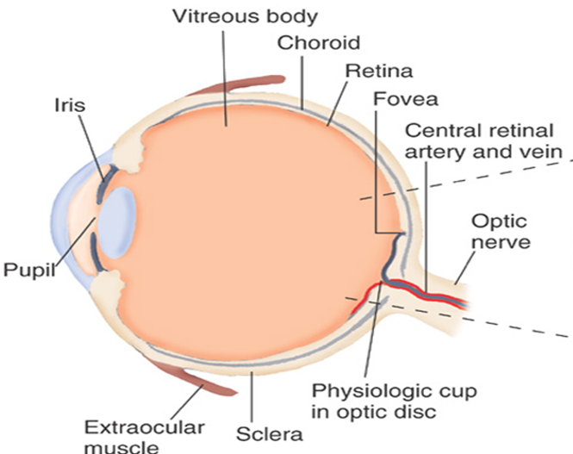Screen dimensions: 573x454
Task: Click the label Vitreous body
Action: tap(233, 16)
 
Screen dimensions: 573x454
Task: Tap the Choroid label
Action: tap(318, 42)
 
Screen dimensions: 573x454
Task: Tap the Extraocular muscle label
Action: tap(144, 436)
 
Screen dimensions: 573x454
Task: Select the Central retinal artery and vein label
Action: tap(488, 141)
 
